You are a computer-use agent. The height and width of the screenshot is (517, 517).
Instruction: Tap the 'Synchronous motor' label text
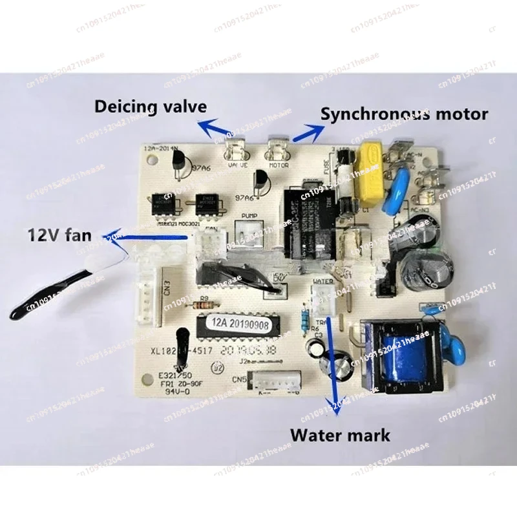pyautogui.click(x=405, y=114)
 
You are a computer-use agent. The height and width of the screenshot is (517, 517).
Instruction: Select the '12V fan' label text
pyautogui.click(x=51, y=237)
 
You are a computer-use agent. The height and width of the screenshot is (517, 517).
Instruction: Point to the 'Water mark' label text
pyautogui.click(x=340, y=434)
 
